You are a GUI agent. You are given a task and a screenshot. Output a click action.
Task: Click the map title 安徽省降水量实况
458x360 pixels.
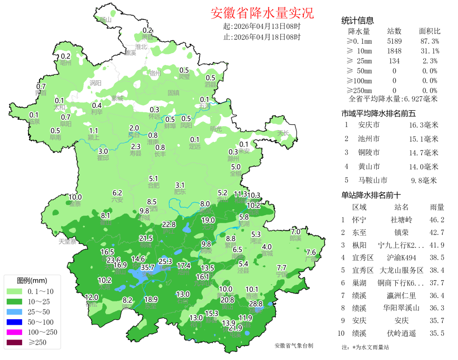click(x=262, y=13)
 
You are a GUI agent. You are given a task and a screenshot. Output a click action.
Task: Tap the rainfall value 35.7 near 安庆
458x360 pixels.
click(x=147, y=267)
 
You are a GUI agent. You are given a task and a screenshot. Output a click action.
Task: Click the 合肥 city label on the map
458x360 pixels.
click(x=154, y=186)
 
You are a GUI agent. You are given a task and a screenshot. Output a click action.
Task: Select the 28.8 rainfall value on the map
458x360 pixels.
click(x=255, y=304)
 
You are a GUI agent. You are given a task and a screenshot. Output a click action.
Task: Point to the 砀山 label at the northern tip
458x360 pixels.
click(x=105, y=20)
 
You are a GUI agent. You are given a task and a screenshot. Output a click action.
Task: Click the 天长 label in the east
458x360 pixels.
click(x=283, y=133)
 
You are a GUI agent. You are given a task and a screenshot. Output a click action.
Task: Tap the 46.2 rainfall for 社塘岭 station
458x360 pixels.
click(x=437, y=220)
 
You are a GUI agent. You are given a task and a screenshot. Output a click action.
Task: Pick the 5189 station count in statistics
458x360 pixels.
click(x=394, y=41)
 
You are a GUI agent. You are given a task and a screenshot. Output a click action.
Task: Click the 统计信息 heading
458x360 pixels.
click(x=357, y=21)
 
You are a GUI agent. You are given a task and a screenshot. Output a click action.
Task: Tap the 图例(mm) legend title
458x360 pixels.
click(x=32, y=281)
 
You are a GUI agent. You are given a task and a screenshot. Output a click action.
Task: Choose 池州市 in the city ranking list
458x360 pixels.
click(x=369, y=139)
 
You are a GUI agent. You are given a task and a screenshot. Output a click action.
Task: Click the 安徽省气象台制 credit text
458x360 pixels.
click(x=294, y=346)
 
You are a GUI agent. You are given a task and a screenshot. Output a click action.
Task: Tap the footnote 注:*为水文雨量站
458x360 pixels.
click(x=365, y=347)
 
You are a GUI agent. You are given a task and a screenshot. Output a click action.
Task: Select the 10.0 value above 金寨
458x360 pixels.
click(x=75, y=197)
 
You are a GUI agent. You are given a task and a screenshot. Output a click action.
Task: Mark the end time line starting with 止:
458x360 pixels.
click(x=262, y=37)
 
